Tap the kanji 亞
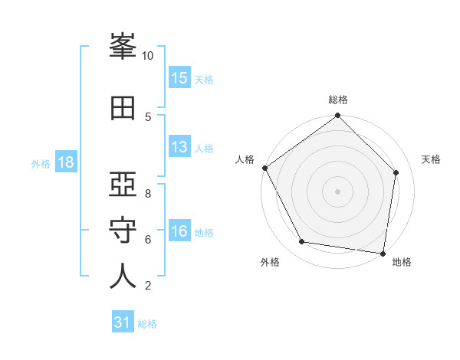[123, 184]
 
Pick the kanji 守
[123, 230]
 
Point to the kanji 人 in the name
[123, 276]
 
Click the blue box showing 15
[179, 78]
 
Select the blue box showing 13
[179, 148]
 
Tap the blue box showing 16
[179, 232]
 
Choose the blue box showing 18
[65, 163]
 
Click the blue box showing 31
[123, 323]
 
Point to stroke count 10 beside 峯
[148, 56]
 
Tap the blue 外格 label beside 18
[41, 164]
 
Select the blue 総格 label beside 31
[148, 324]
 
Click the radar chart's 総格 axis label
[338, 100]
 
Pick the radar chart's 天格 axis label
[432, 159]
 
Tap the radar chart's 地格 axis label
[402, 262]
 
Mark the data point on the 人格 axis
[264, 168]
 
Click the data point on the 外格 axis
[302, 242]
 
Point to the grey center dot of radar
[338, 191]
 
